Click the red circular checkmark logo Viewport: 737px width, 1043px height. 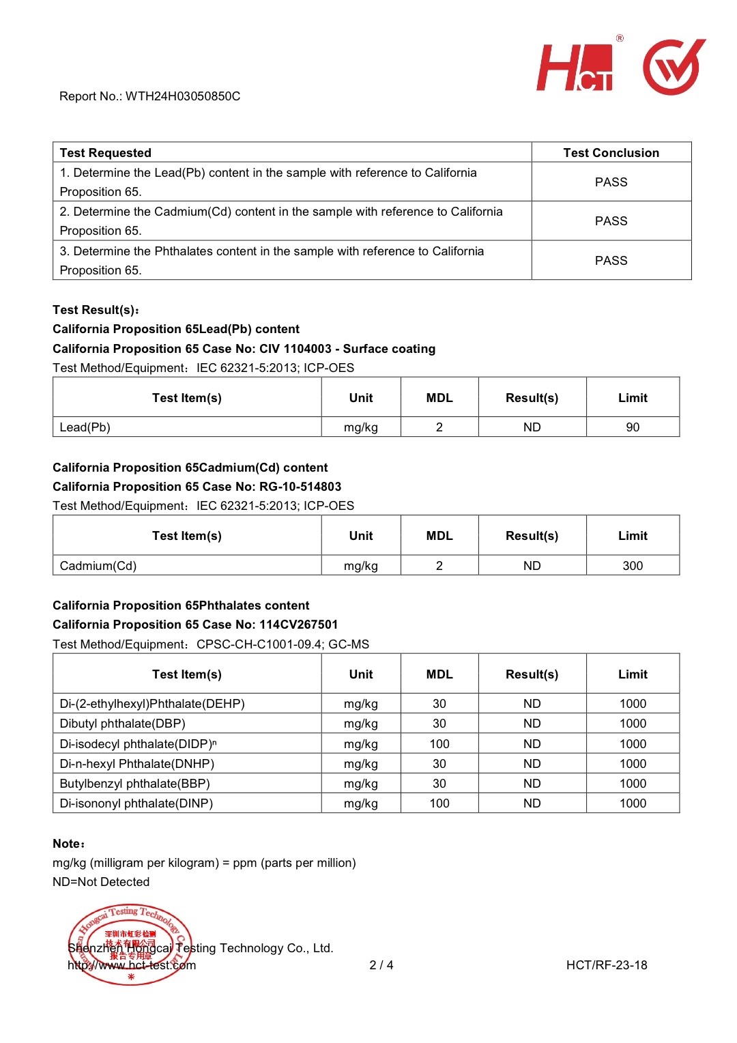click(673, 67)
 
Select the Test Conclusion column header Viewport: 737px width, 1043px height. click(611, 153)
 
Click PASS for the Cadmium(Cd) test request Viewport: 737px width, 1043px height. click(611, 221)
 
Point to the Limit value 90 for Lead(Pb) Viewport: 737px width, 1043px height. click(633, 427)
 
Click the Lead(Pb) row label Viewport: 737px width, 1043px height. click(85, 427)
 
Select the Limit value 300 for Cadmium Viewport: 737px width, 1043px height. click(633, 566)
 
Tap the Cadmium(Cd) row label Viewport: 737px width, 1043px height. click(98, 566)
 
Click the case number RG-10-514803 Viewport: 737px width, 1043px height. click(300, 487)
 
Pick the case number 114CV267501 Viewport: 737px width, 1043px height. click(298, 625)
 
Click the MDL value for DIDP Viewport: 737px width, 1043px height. click(439, 744)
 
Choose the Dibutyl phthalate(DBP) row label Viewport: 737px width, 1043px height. click(123, 724)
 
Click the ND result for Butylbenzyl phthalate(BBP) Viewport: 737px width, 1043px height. click(532, 784)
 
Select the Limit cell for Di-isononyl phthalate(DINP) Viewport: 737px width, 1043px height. click(633, 803)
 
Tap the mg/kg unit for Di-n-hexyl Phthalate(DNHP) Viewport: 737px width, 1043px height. click(360, 764)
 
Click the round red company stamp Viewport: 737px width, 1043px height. click(130, 945)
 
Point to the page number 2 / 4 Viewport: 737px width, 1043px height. click(381, 965)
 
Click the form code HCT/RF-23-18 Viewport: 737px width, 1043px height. click(607, 965)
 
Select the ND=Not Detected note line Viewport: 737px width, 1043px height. click(101, 882)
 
